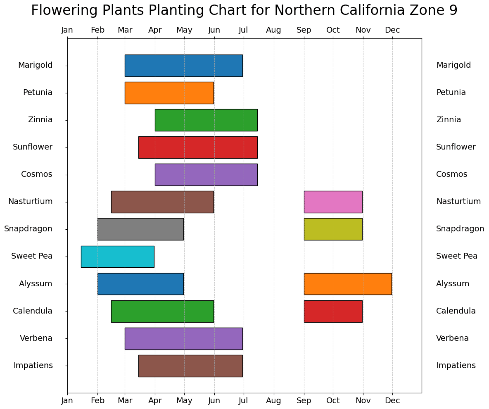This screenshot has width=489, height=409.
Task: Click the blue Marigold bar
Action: (183, 65)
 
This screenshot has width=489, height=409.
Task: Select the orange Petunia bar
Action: (169, 93)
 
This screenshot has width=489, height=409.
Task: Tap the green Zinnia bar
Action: (206, 120)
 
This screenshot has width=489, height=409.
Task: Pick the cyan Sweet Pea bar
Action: (117, 256)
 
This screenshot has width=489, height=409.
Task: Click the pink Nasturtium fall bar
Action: (333, 202)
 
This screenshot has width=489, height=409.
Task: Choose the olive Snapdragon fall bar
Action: (333, 229)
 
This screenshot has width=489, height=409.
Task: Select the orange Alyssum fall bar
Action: (347, 283)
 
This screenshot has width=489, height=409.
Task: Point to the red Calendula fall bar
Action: (333, 311)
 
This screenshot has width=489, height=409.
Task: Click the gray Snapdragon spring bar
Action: (140, 229)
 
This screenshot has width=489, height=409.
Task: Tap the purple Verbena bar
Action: (183, 338)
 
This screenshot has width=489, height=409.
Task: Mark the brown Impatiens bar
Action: (190, 366)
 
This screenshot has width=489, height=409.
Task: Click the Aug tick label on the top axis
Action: (273, 30)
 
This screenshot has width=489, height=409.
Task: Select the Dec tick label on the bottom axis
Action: (392, 401)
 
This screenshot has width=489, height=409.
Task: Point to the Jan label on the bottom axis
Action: (67, 401)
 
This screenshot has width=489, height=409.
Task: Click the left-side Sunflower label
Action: (33, 147)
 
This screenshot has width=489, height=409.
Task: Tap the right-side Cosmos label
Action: (451, 174)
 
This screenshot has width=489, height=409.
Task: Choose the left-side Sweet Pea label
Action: (32, 256)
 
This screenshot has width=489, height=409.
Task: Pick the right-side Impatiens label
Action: (456, 366)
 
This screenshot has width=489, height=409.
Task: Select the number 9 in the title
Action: (453, 10)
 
